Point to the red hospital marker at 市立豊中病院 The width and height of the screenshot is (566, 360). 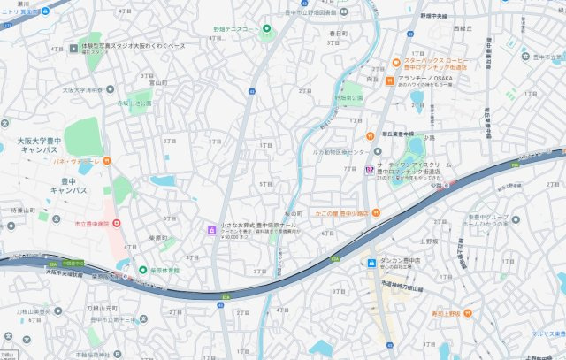tap(116, 223)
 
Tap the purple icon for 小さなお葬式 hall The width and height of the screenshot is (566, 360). tap(211, 231)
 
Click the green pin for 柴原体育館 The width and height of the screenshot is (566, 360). tap(141, 270)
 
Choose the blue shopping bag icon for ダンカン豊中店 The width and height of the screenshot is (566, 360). tap(371, 262)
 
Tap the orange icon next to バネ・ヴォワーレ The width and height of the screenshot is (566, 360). tap(106, 161)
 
